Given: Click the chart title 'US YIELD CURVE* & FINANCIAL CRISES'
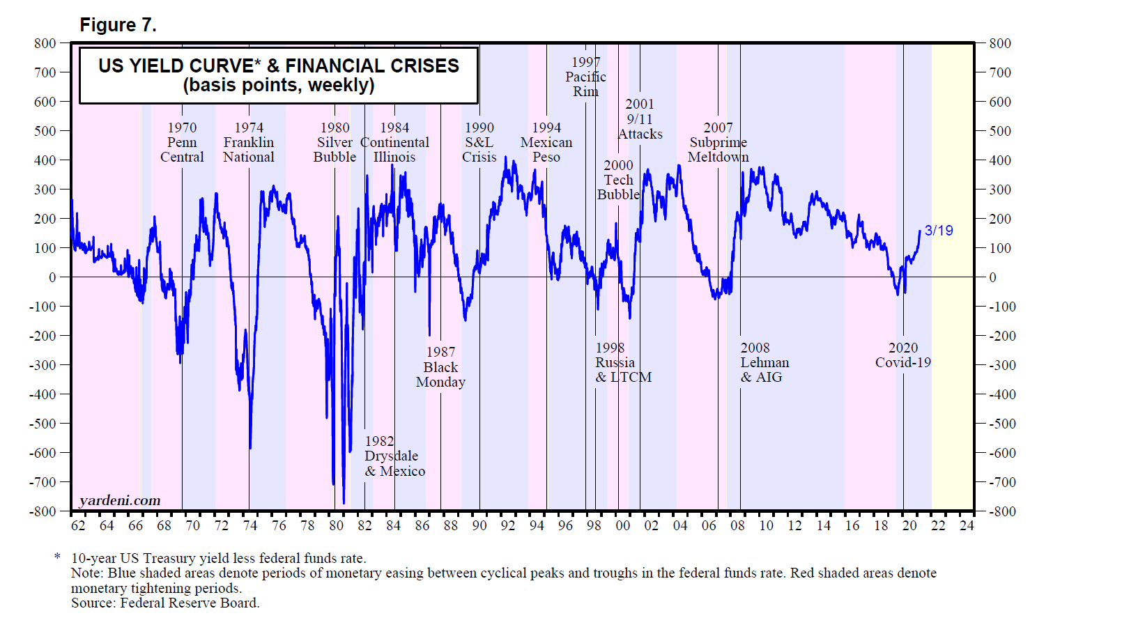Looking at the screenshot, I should pyautogui.click(x=279, y=66).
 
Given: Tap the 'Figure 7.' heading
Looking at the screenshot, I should pyautogui.click(x=118, y=25).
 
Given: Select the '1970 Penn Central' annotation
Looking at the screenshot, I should pyautogui.click(x=182, y=142).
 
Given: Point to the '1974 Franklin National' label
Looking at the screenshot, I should pyautogui.click(x=249, y=142).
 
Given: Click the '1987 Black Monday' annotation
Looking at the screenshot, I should pyautogui.click(x=440, y=367).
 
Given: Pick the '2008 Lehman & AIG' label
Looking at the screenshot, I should pyautogui.click(x=764, y=362).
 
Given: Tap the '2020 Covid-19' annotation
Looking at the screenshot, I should pyautogui.click(x=903, y=355).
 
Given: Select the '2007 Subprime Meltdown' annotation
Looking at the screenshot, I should pyautogui.click(x=718, y=142).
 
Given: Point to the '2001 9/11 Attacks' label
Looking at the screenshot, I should pyautogui.click(x=640, y=119).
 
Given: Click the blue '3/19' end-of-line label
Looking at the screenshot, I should pyautogui.click(x=939, y=231).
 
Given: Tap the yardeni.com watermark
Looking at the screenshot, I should pyautogui.click(x=120, y=500).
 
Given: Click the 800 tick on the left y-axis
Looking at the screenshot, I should pyautogui.click(x=45, y=43).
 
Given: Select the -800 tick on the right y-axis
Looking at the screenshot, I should pyautogui.click(x=1002, y=511).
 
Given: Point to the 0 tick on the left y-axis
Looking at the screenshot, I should pyautogui.click(x=52, y=277).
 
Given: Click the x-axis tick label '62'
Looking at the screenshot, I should pyautogui.click(x=78, y=526).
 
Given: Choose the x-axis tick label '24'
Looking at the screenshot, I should pyautogui.click(x=967, y=526).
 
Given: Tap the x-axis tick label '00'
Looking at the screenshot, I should pyautogui.click(x=622, y=526).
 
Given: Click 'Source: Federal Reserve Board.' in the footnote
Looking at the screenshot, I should pyautogui.click(x=165, y=603).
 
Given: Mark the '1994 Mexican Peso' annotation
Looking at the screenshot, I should pyautogui.click(x=546, y=142).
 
